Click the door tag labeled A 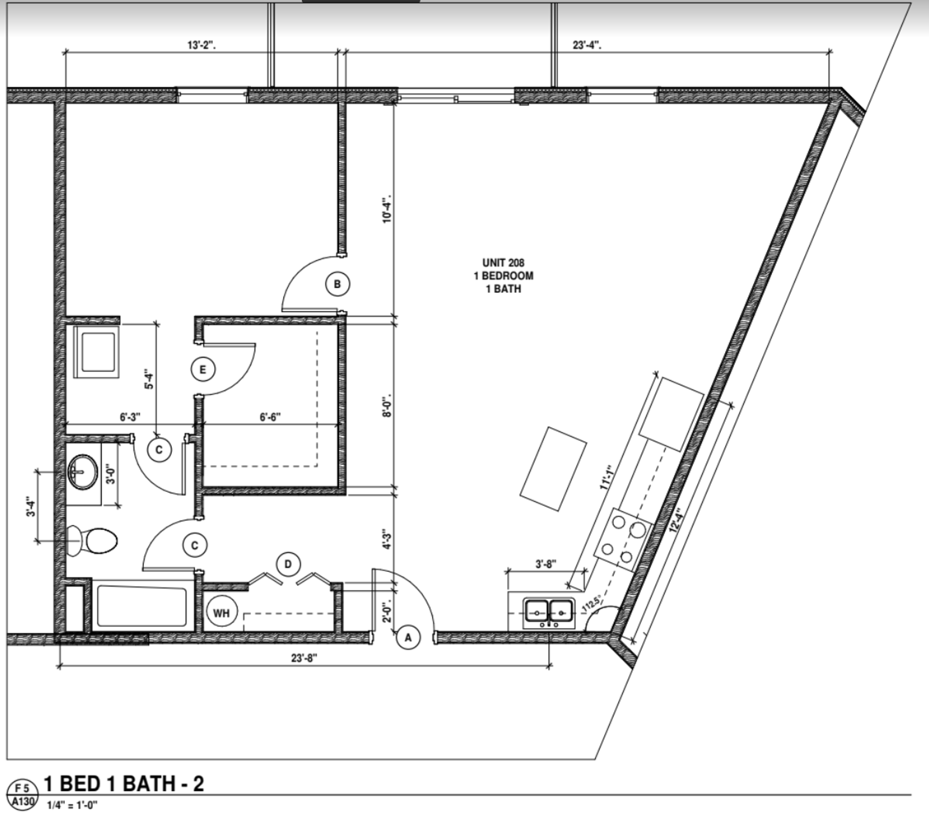[408, 637]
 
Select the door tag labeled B [337, 284]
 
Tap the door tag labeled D [288, 564]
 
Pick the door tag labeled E [202, 370]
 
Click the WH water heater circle [221, 613]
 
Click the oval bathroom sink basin [83, 471]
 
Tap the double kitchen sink [549, 613]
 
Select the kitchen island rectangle [553, 468]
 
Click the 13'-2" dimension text [201, 45]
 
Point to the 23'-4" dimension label [587, 45]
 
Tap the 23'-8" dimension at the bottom [304, 658]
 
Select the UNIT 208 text [503, 263]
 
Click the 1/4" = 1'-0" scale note [72, 805]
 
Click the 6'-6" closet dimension [270, 417]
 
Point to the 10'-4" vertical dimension [387, 209]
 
